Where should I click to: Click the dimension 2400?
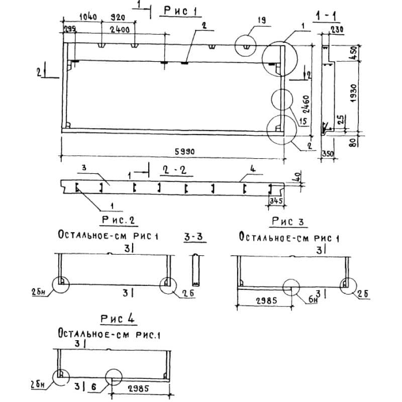121,30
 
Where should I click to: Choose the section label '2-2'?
175,171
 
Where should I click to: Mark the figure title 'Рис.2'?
119,220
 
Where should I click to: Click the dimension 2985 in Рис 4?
140,388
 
